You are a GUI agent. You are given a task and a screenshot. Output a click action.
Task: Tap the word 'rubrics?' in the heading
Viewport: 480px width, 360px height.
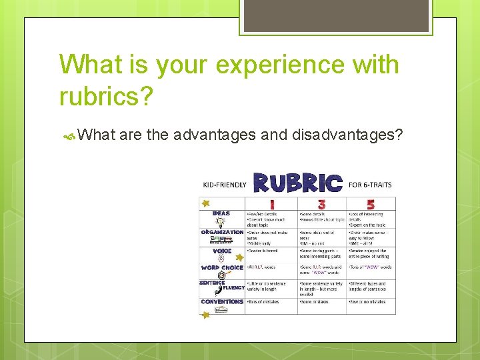point(106,96)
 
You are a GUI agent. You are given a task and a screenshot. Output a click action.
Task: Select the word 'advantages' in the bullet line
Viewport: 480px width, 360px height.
point(214,135)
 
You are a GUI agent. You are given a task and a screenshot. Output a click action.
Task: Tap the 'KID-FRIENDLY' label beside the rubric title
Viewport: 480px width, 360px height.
point(225,185)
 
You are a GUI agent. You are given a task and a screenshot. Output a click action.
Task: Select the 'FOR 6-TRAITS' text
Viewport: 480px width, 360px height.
point(371,185)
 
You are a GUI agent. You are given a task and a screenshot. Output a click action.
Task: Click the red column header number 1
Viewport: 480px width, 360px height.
point(271,203)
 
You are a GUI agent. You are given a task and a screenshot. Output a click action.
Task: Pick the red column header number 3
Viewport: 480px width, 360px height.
point(321,203)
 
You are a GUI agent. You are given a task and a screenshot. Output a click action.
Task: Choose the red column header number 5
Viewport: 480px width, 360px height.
point(371,203)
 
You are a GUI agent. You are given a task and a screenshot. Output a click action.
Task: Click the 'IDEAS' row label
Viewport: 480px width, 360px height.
point(221,214)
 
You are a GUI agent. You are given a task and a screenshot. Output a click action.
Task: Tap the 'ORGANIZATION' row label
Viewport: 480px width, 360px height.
point(222,232)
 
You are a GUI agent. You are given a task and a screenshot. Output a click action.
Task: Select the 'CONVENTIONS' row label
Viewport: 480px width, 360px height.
point(222,301)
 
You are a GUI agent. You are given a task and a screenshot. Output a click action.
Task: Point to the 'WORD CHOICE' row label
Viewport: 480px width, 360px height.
point(222,267)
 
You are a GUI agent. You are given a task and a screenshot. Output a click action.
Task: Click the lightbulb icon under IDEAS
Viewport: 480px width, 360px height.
point(221,223)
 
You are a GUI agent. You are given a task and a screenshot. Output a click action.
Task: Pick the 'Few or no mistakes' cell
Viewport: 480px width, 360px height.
point(367,302)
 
